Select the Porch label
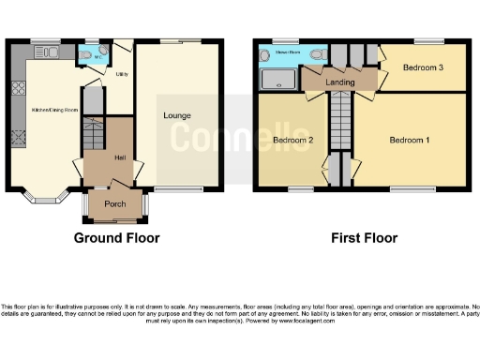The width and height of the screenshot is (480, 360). (115, 204)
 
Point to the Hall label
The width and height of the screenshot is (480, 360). (120, 157)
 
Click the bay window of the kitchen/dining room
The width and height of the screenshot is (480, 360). (44, 198)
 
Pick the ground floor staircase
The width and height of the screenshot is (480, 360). (93, 137)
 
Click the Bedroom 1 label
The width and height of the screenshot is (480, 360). (410, 141)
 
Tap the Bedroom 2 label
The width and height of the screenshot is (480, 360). (292, 141)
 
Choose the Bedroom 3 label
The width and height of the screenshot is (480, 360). (423, 68)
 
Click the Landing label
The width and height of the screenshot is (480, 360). (338, 82)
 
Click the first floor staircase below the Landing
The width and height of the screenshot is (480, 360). (338, 131)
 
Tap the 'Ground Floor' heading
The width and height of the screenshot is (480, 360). (116, 238)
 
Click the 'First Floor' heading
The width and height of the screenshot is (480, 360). (364, 238)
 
